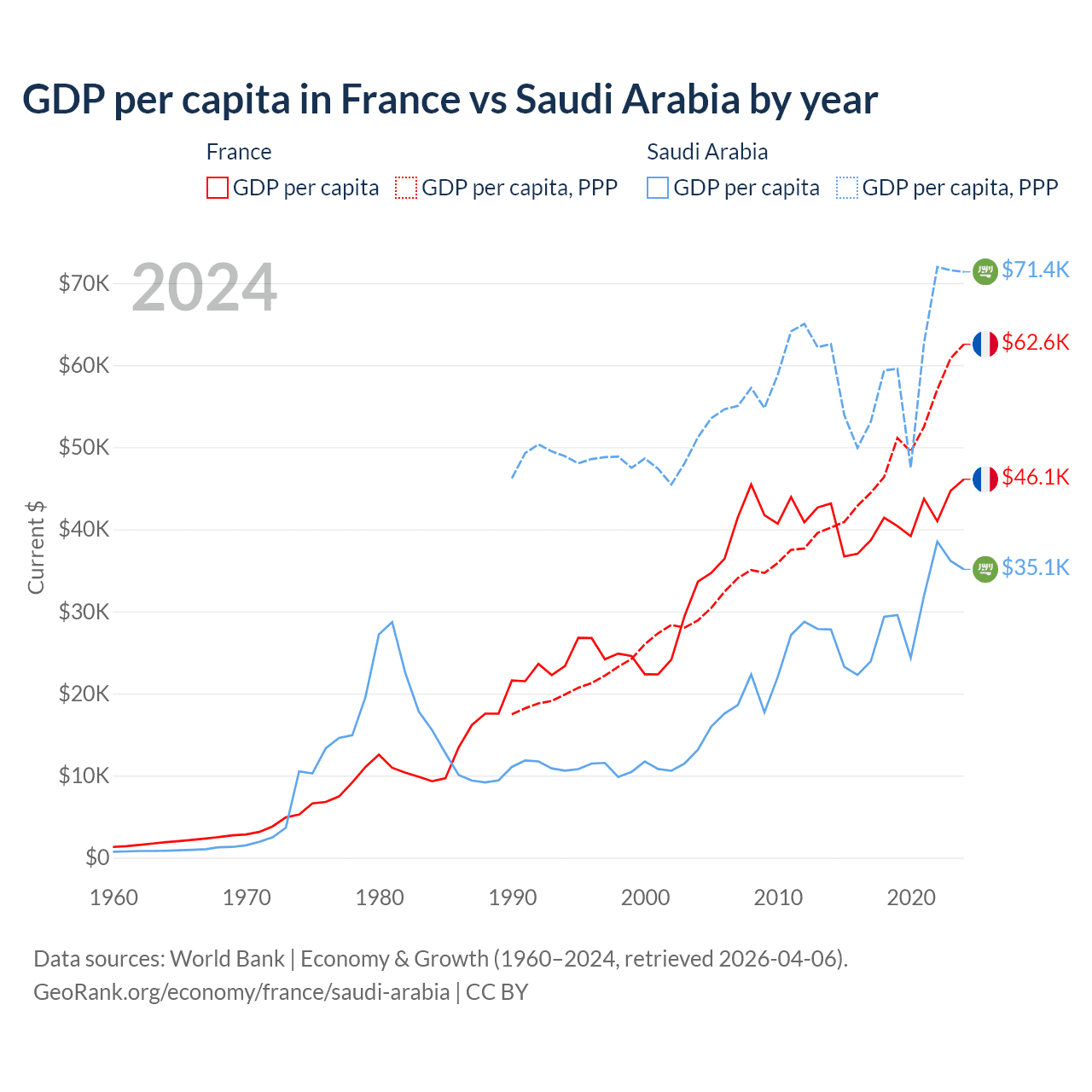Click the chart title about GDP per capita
point(450,100)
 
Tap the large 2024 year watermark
point(205,288)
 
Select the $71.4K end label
point(1035,270)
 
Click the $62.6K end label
point(1035,342)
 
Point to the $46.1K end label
point(1035,477)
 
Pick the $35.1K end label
point(1035,567)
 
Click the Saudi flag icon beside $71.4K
point(985,271)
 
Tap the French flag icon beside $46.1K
point(985,479)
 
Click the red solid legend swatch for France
point(218,188)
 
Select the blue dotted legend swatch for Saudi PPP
point(847,188)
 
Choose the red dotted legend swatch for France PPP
point(406,188)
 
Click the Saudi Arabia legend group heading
point(707,152)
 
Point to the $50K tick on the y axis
point(84,447)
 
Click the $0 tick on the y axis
point(97,857)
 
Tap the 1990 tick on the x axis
point(513,897)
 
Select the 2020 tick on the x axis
point(911,897)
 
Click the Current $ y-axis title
point(36,547)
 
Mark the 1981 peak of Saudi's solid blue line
point(392,622)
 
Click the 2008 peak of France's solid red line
point(751,485)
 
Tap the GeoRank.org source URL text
point(241,992)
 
